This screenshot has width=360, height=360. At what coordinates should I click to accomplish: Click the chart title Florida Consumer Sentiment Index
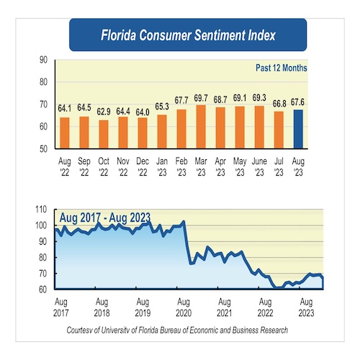tap(187, 34)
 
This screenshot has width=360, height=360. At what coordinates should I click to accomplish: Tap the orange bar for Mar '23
tap(201, 126)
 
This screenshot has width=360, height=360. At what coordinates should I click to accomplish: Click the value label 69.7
tap(201, 97)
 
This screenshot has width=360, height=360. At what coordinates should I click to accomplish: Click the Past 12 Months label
tap(281, 68)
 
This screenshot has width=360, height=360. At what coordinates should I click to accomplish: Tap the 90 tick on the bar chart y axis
tap(44, 60)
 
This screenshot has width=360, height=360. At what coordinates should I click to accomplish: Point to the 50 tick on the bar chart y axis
tap(44, 148)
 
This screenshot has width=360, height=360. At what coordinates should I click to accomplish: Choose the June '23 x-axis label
tap(259, 167)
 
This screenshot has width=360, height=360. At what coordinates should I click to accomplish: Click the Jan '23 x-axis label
tap(162, 167)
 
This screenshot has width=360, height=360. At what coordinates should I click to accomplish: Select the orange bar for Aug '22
tap(65, 132)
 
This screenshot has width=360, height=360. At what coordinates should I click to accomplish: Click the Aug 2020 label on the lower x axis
tap(184, 308)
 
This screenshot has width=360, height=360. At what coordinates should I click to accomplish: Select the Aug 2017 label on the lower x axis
tap(60, 308)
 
